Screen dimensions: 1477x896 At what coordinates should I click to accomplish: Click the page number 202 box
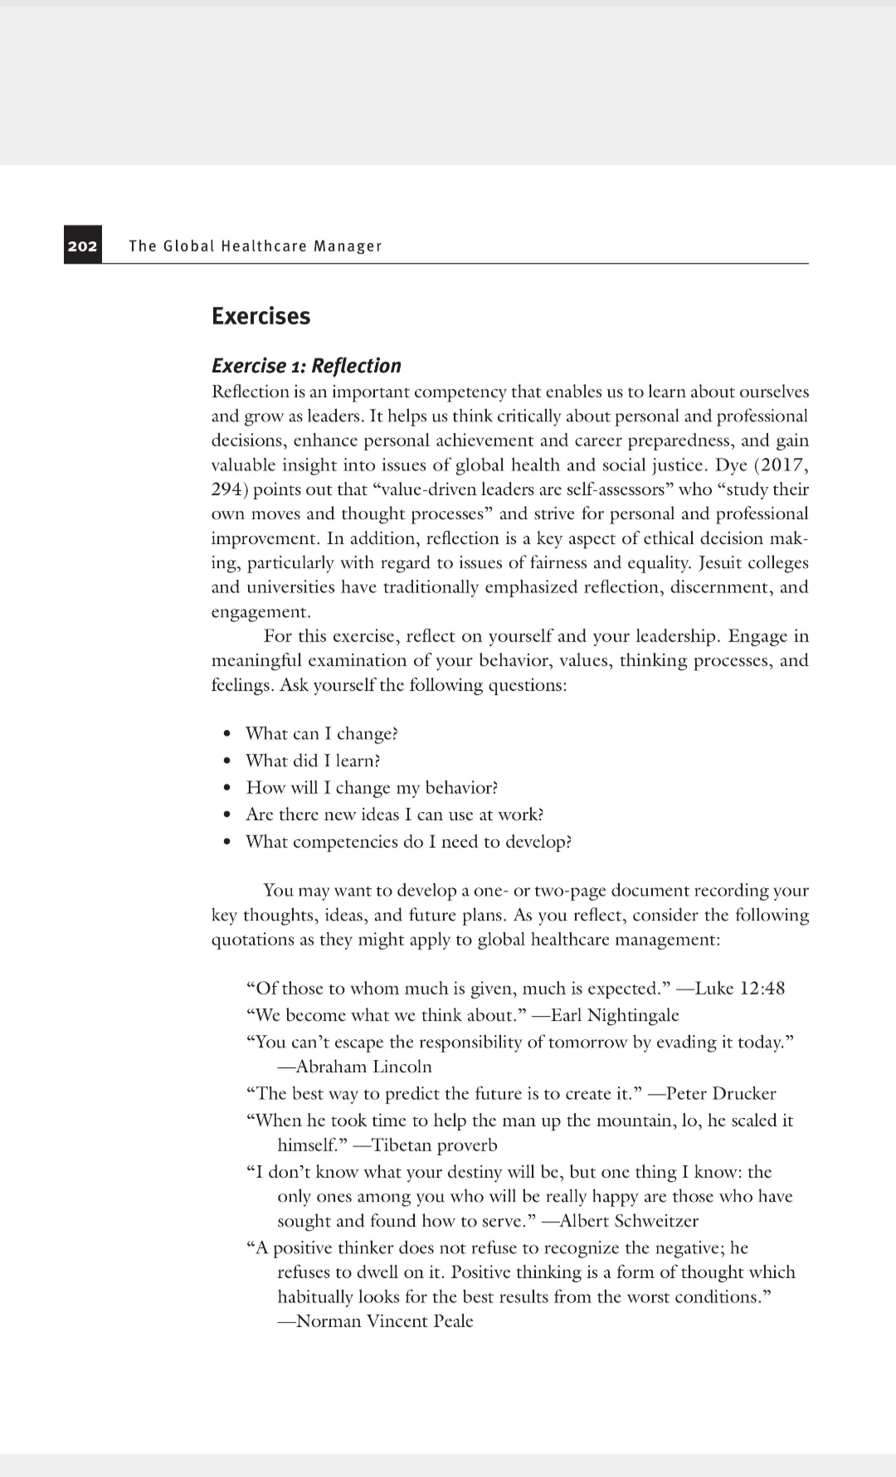pos(82,245)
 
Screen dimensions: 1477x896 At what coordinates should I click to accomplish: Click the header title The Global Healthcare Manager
pos(256,246)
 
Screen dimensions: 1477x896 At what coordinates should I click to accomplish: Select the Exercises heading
pos(261,316)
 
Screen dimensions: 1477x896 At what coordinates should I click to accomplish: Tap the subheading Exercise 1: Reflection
pos(306,366)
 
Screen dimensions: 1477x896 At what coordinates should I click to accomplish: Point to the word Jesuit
pos(727,562)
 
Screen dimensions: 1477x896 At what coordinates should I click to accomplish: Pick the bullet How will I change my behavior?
pos(372,788)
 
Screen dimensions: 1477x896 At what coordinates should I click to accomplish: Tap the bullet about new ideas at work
pos(395,814)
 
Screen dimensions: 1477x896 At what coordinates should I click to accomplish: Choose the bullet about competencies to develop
pos(408,842)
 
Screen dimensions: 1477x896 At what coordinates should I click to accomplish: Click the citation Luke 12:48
pos(739,989)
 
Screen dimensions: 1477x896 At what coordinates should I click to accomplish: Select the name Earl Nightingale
pos(615,1015)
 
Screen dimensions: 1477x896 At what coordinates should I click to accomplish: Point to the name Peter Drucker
pos(721,1093)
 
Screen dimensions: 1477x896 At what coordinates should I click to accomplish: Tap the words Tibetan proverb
pos(434,1145)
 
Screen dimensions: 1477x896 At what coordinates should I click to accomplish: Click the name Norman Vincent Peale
pos(384,1321)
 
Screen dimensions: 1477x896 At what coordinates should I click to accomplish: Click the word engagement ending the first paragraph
pos(260,612)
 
